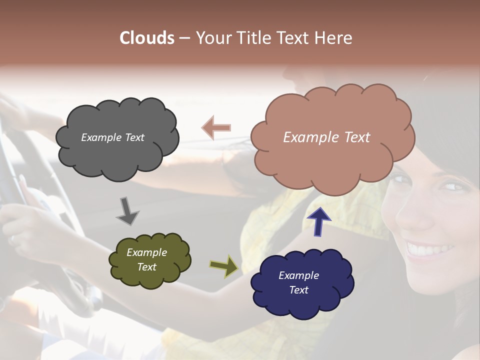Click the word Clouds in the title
(x=146, y=38)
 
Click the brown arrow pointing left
(x=216, y=128)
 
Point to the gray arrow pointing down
(x=128, y=210)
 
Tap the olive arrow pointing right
(x=224, y=266)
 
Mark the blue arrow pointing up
(x=319, y=221)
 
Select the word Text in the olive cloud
(x=147, y=267)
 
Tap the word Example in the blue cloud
(x=298, y=275)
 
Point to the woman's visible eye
(x=452, y=186)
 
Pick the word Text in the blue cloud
(x=298, y=290)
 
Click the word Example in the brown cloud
(x=312, y=137)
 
